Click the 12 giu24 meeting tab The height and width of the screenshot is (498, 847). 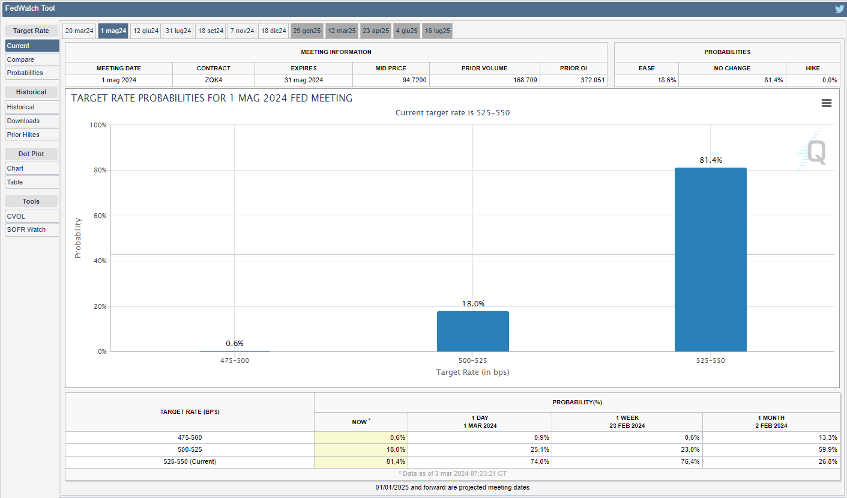(x=146, y=31)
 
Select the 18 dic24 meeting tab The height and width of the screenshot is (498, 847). (x=273, y=31)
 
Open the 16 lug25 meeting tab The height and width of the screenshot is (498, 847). (x=437, y=31)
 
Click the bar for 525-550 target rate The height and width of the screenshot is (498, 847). (x=710, y=260)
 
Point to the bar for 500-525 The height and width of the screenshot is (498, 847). (x=472, y=331)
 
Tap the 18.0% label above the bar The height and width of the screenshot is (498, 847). (x=473, y=303)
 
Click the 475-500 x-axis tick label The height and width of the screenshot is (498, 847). (x=234, y=360)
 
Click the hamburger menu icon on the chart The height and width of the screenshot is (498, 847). (x=827, y=103)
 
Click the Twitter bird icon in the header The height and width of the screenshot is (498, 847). (x=839, y=9)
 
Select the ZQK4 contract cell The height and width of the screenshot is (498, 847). (x=213, y=80)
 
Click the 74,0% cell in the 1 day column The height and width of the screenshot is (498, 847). (x=539, y=461)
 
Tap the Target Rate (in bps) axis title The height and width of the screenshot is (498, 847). (x=472, y=372)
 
